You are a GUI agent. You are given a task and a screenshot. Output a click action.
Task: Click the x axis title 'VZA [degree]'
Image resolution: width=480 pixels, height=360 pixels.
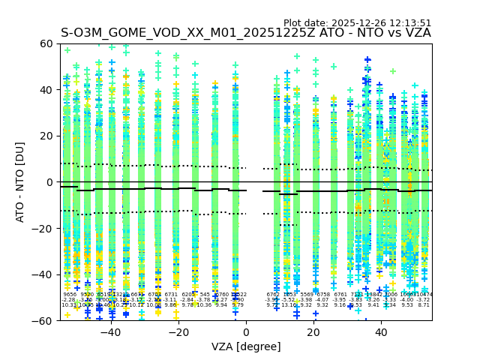click(246, 346)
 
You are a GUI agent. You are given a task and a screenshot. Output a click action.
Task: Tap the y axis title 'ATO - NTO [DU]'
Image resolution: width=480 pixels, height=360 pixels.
click(20, 182)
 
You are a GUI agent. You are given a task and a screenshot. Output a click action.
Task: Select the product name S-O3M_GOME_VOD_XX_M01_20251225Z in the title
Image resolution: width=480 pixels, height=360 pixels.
click(190, 33)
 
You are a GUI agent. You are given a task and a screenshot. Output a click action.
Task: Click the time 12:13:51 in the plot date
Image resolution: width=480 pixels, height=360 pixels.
click(407, 23)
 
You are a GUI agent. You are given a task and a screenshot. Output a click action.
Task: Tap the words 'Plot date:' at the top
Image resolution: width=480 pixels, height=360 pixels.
click(306, 23)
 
